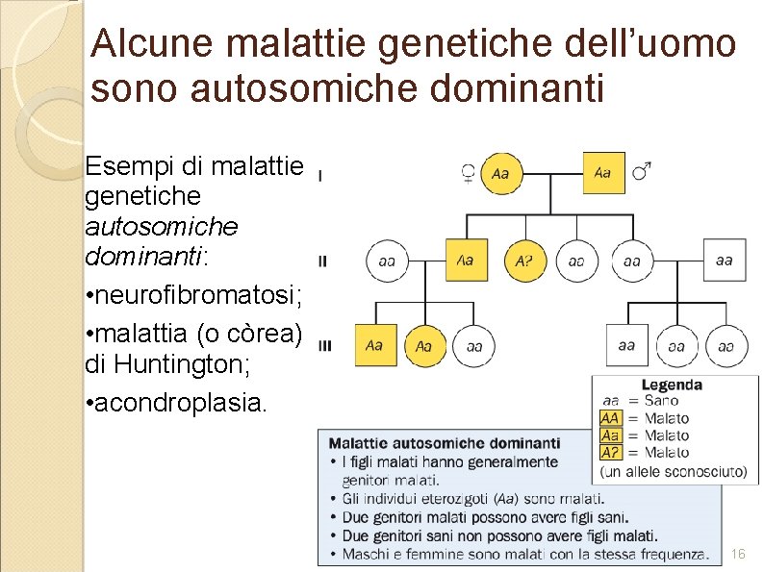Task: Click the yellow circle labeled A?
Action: [x=524, y=260]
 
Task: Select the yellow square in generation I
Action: [x=603, y=173]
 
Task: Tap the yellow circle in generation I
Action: [x=500, y=174]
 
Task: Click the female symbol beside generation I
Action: [x=467, y=174]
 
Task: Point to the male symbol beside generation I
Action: [x=640, y=173]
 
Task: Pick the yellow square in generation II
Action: [x=466, y=260]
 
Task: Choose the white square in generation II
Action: [x=724, y=260]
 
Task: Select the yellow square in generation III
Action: [x=374, y=345]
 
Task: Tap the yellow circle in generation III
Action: [x=424, y=346]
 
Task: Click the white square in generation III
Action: [x=626, y=345]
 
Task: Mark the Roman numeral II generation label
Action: [x=322, y=261]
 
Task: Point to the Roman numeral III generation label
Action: [x=324, y=345]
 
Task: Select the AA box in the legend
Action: [x=610, y=418]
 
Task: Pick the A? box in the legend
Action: [x=610, y=452]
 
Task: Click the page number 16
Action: [x=738, y=555]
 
